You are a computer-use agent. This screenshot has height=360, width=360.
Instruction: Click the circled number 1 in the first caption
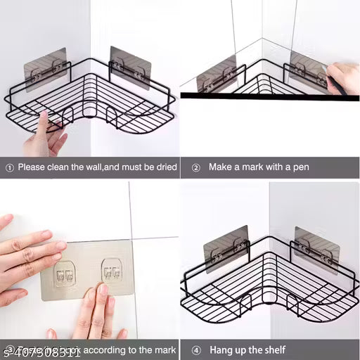tap(9, 167)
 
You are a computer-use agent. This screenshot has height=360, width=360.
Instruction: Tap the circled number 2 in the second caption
tap(195, 167)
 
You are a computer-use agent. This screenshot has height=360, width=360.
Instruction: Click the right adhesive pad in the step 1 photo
tap(130, 66)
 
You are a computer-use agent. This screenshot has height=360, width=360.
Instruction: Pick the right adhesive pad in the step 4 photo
tap(316, 245)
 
